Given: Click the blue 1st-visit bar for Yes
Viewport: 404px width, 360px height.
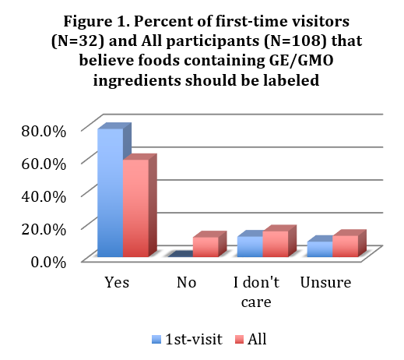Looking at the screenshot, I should (110, 192).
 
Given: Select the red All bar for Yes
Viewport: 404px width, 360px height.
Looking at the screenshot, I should (135, 207).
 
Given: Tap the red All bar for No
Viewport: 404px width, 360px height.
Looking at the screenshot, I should (206, 246).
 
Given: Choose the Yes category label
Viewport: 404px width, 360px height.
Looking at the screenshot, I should (117, 282).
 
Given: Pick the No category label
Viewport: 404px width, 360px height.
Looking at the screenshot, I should (187, 282).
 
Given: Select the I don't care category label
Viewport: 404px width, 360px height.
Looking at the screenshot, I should (256, 290).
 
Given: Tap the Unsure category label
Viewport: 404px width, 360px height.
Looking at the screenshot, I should (325, 282).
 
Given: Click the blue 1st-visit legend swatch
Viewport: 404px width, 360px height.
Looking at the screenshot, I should (156, 339).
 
